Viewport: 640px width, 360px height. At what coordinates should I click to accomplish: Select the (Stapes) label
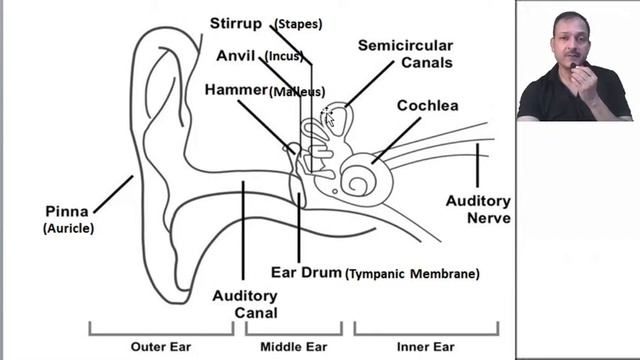[x=300, y=23]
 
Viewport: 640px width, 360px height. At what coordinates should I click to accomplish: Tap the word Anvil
[x=236, y=55]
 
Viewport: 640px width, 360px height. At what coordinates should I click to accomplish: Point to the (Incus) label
[x=284, y=56]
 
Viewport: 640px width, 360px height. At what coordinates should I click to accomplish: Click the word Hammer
[x=236, y=90]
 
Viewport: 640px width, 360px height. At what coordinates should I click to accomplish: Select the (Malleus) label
[x=297, y=91]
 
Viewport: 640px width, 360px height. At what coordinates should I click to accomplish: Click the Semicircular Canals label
[x=405, y=54]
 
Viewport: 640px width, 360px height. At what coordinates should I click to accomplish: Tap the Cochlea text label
[x=427, y=105]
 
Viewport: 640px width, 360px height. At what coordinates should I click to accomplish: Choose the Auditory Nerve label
[x=478, y=209]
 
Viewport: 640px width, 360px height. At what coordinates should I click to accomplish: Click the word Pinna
[x=67, y=211]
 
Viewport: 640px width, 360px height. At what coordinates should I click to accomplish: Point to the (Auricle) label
[x=68, y=228]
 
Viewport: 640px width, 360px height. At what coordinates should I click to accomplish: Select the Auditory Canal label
[x=245, y=303]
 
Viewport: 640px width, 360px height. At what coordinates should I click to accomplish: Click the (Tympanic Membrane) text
[x=412, y=273]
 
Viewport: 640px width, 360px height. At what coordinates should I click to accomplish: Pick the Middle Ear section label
[x=293, y=347]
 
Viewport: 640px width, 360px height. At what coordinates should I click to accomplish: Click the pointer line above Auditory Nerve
[x=477, y=165]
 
